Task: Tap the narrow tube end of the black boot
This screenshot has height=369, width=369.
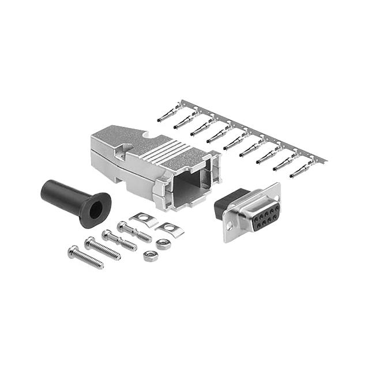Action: (x=47, y=189)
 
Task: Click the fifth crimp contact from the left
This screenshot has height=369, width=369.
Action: (x=236, y=140)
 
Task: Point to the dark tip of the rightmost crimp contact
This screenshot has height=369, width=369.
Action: (x=293, y=174)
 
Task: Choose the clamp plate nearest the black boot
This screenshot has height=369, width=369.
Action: (x=144, y=218)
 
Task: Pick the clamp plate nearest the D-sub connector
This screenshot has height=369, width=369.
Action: (x=170, y=228)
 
